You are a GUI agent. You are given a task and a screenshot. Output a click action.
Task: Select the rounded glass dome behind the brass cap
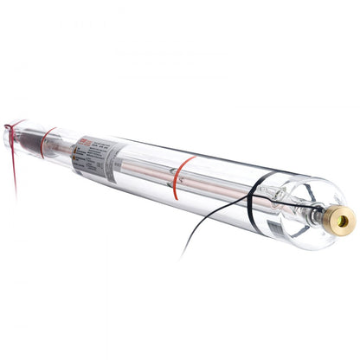tap(307, 208)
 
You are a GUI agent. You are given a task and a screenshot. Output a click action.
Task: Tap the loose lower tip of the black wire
tap(181, 257)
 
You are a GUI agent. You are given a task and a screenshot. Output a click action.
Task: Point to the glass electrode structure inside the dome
tap(294, 208)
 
